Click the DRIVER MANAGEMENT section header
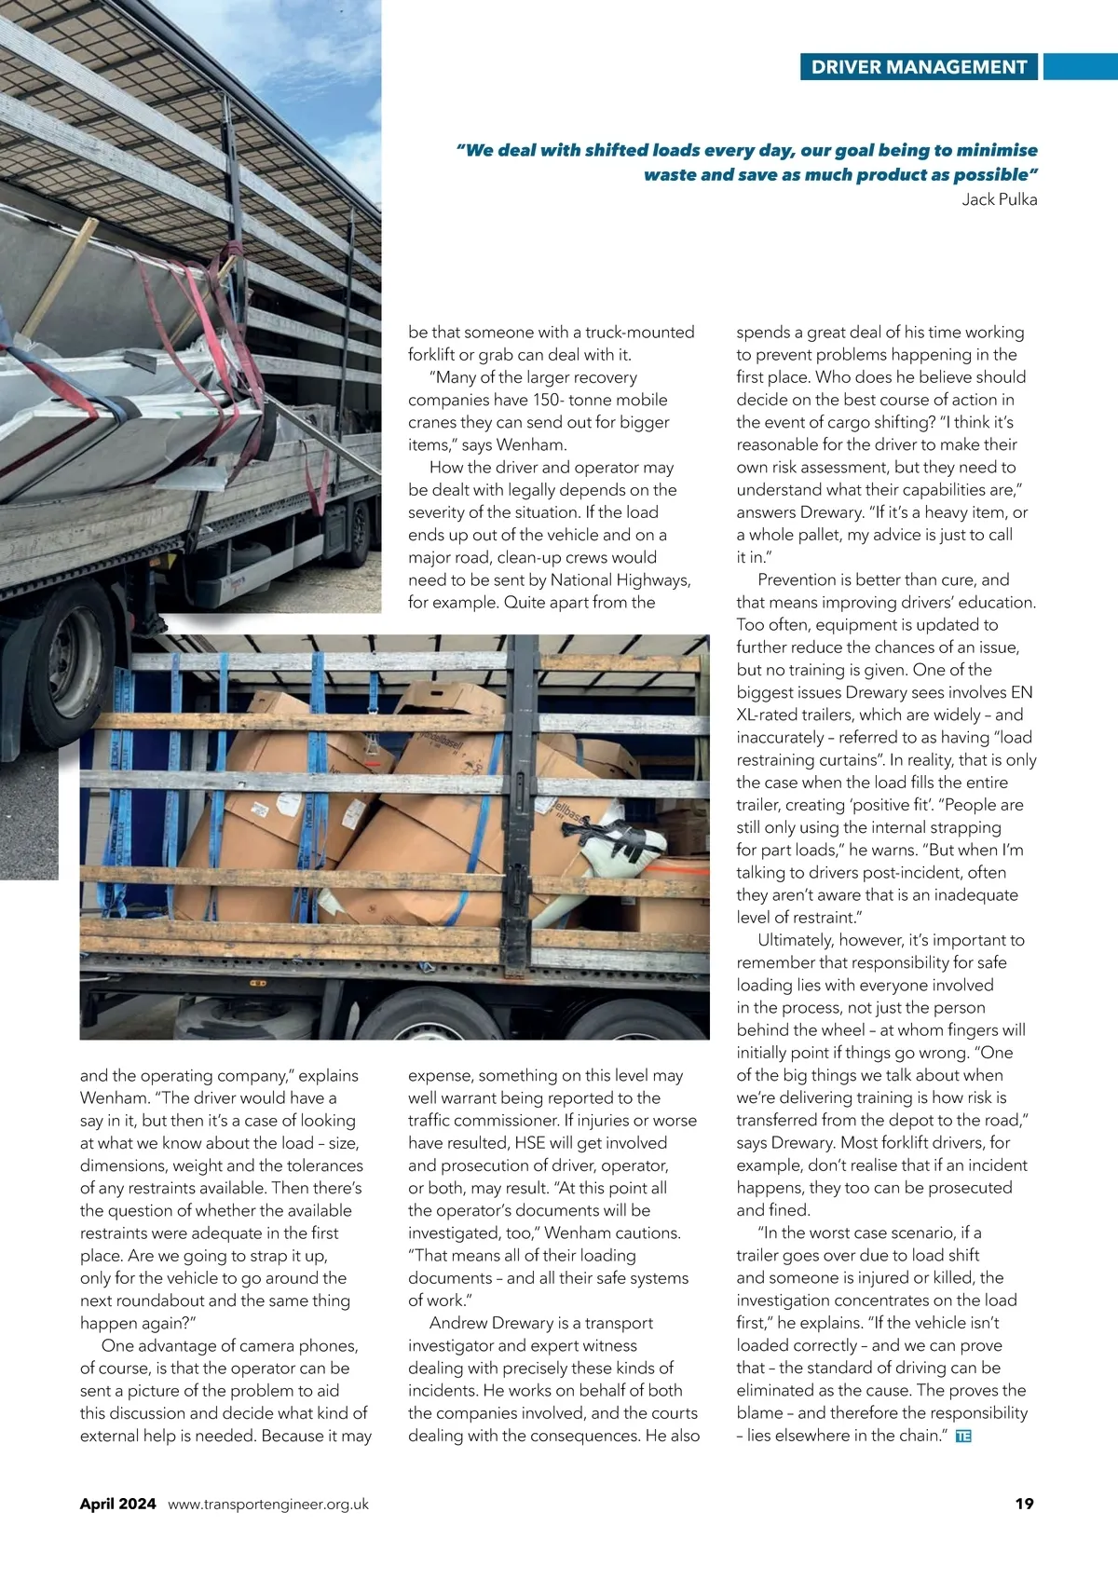[x=919, y=67]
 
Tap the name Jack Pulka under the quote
[x=999, y=199]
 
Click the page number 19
[x=1024, y=1503]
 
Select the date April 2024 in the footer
[x=117, y=1503]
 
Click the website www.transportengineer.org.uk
[x=268, y=1504]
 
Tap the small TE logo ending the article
[x=963, y=1437]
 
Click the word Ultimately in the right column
[x=800, y=940]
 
